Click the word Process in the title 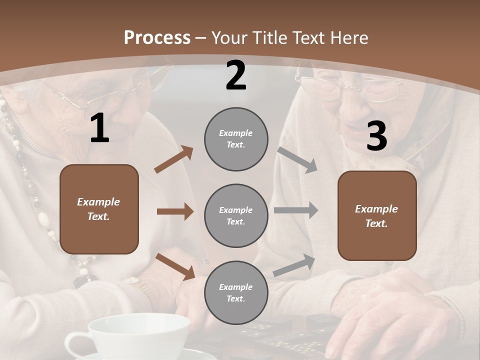[x=157, y=37]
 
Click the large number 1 [x=99, y=128]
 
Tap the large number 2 [x=236, y=76]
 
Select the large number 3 [x=376, y=136]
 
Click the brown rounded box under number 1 [x=99, y=209]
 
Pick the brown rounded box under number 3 [x=377, y=215]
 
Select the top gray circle [x=236, y=139]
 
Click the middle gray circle [x=236, y=215]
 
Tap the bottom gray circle [x=236, y=292]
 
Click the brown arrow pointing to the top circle [x=173, y=160]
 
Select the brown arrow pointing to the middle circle [x=175, y=211]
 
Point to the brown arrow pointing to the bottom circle [x=175, y=265]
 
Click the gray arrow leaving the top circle [x=297, y=159]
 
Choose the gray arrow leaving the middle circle [x=296, y=210]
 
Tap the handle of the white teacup [x=75, y=345]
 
